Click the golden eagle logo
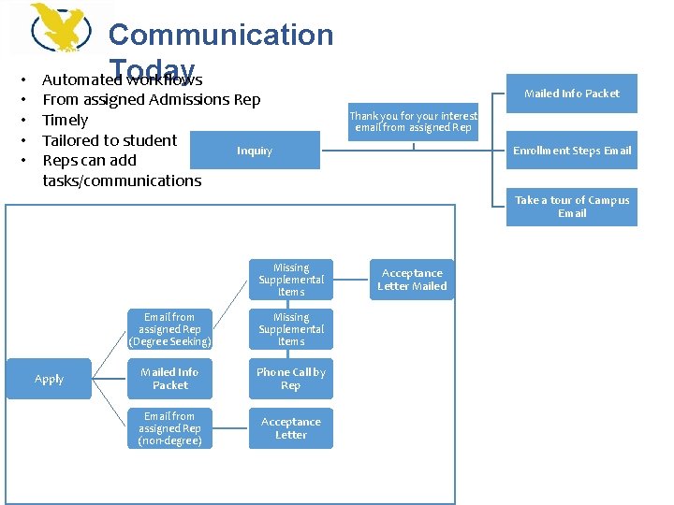[61, 27]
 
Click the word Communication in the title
[221, 35]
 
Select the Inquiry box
[255, 151]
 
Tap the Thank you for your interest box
[413, 122]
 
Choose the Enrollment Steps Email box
[572, 151]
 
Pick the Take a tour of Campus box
[572, 207]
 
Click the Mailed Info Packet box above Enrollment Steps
[572, 94]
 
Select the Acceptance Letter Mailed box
[412, 280]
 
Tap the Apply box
[50, 379]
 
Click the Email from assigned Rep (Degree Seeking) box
[170, 329]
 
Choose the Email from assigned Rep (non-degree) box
[170, 428]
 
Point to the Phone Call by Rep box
[291, 379]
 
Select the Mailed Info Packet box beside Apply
[170, 379]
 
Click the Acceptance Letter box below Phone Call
[291, 428]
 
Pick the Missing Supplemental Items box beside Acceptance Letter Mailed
[291, 280]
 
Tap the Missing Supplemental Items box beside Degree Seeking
[291, 329]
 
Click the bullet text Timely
[66, 120]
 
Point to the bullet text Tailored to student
[110, 140]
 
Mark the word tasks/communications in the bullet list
[122, 180]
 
